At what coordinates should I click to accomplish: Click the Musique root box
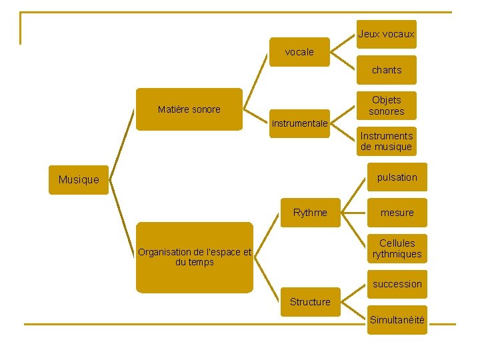(x=78, y=179)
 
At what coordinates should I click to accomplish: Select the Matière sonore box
(x=189, y=109)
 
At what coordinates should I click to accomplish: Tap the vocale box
(x=299, y=52)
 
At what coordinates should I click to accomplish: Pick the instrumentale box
(x=299, y=123)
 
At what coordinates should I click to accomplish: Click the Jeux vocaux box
(x=386, y=34)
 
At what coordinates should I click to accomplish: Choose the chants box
(x=386, y=70)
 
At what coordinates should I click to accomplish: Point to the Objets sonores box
(x=386, y=105)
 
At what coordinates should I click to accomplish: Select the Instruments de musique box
(x=386, y=141)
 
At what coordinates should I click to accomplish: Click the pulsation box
(x=397, y=177)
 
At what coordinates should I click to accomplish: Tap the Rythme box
(x=310, y=213)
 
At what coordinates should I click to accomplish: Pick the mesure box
(x=397, y=213)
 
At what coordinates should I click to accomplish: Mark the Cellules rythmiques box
(x=397, y=249)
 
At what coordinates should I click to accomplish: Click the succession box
(x=397, y=284)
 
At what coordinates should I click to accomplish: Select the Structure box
(x=310, y=302)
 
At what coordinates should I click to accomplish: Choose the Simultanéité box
(x=397, y=320)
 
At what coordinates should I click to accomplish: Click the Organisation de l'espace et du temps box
(x=195, y=257)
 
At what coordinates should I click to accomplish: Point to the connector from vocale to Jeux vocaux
(x=343, y=41)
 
